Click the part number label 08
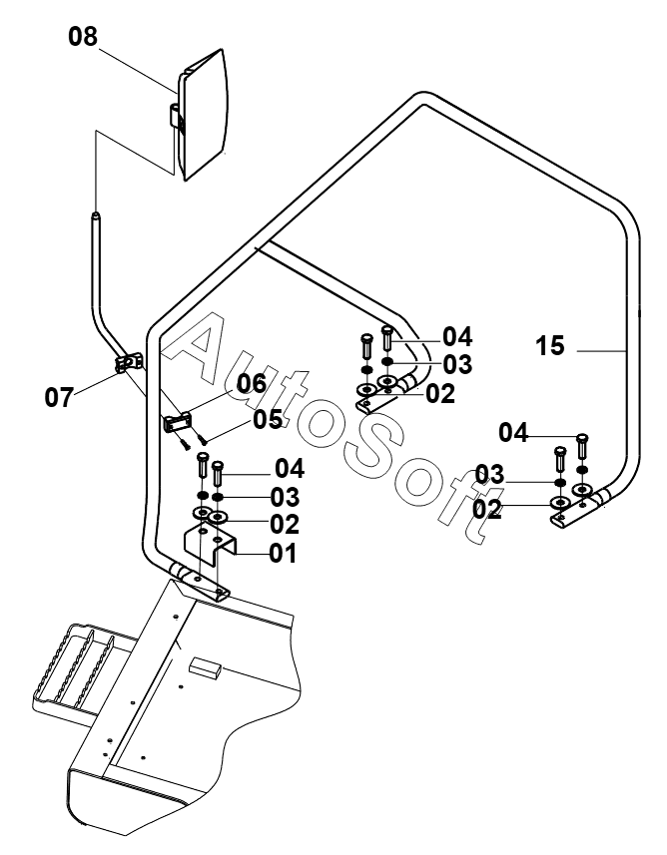pos(83,37)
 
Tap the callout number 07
pos(59,397)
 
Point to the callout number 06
pos(252,384)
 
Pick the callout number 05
pos(268,419)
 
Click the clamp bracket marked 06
pos(178,423)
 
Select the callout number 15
pos(550,346)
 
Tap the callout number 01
pos(284,553)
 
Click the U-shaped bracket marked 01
pos(210,541)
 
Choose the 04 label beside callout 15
pos(457,336)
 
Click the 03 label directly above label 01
pos(285,497)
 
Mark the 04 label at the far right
pos(513,433)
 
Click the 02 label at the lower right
pos(487,510)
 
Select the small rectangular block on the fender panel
pos(206,667)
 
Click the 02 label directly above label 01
pos(285,524)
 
